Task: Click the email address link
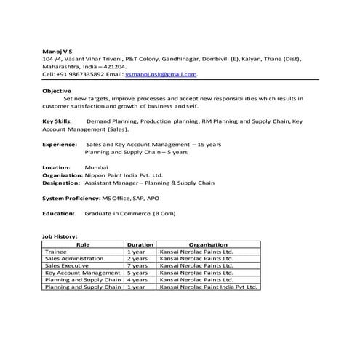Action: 161,74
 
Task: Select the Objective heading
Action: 57,91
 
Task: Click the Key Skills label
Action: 57,121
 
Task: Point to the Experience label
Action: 60,145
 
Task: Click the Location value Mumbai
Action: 96,167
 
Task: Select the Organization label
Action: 63,175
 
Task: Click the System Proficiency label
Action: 71,198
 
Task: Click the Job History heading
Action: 60,237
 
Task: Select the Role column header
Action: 82,244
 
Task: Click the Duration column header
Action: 140,244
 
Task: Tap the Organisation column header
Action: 208,244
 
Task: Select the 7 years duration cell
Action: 137,266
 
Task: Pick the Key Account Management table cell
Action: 82,273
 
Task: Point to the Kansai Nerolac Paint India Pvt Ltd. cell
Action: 208,288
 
